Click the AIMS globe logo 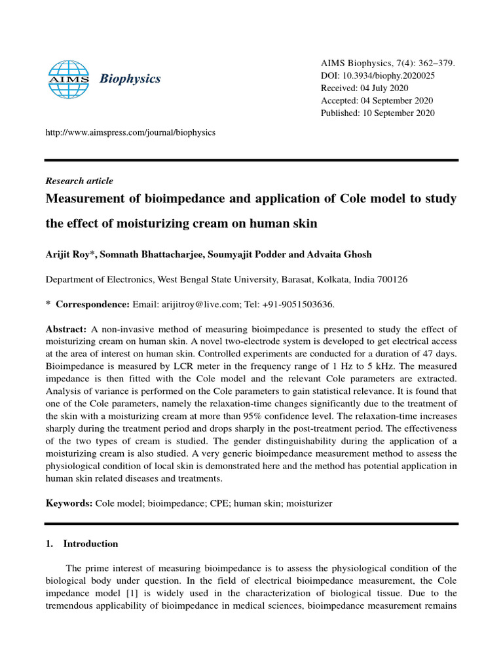pyautogui.click(x=69, y=79)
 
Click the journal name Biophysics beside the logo pyautogui.click(x=130, y=79)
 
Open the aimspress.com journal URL pyautogui.click(x=130, y=132)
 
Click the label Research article pyautogui.click(x=79, y=181)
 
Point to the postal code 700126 pyautogui.click(x=392, y=279)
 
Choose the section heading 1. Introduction pyautogui.click(x=81, y=544)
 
